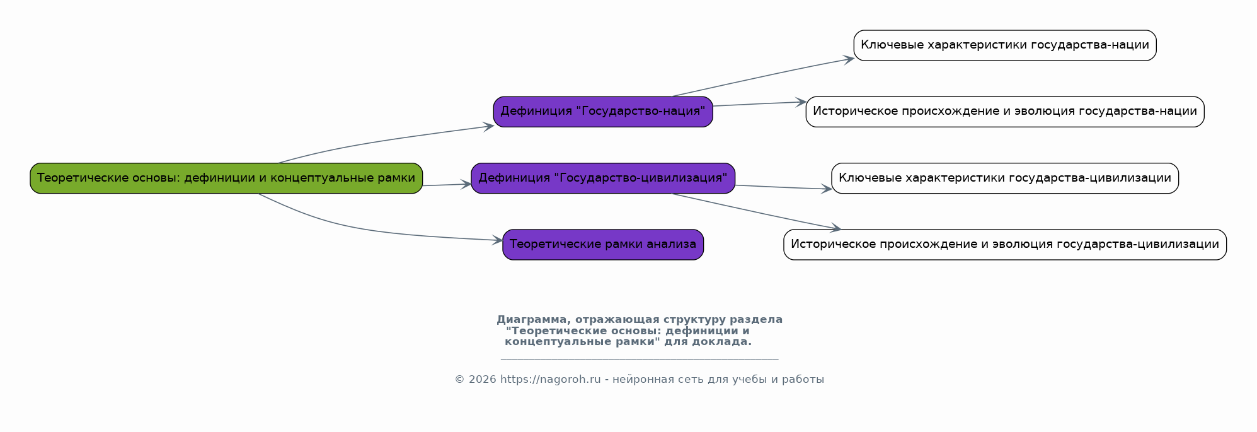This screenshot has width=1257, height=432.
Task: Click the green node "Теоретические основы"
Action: coord(226,178)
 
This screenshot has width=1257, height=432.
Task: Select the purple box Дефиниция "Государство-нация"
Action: coord(603,112)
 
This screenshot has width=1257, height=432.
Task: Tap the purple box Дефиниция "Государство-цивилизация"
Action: coord(603,178)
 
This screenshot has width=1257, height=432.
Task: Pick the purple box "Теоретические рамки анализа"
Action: coord(603,245)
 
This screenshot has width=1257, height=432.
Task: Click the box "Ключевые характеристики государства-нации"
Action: coord(1005,45)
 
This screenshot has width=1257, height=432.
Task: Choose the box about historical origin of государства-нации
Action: coord(1005,112)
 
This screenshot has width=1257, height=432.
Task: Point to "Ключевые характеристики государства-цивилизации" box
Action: coord(1005,178)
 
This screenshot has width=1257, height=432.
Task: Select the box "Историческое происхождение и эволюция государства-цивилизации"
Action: coord(1005,245)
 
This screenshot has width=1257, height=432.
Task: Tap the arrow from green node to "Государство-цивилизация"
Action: coord(447,185)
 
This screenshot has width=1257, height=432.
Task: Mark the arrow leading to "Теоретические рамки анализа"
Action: coord(378,233)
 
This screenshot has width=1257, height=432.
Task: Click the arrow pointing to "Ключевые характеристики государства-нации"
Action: coord(762,77)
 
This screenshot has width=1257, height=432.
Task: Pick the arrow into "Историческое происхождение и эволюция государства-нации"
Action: coord(759,104)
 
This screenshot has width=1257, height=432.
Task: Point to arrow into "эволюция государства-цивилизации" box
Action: coord(756,211)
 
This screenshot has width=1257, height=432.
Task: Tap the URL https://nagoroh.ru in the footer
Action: coord(550,380)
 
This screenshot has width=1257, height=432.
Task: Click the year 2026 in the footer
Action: coord(483,380)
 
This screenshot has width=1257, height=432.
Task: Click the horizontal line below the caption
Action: coord(640,359)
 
